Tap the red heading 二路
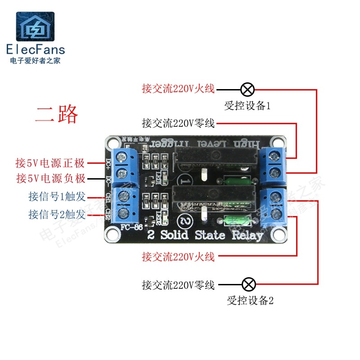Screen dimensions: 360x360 pos(57,114)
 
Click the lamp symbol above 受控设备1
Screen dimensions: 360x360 pos(247,89)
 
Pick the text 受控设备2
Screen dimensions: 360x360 pos(250,301)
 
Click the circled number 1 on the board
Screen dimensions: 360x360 pos(185,180)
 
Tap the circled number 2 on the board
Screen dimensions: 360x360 pos(185,221)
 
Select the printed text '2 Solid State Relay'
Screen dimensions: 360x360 pos(205,235)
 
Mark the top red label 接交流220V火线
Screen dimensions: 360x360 pos(178,89)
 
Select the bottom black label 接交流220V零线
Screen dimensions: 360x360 pos(178,285)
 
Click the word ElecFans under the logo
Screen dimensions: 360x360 pos(36,49)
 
